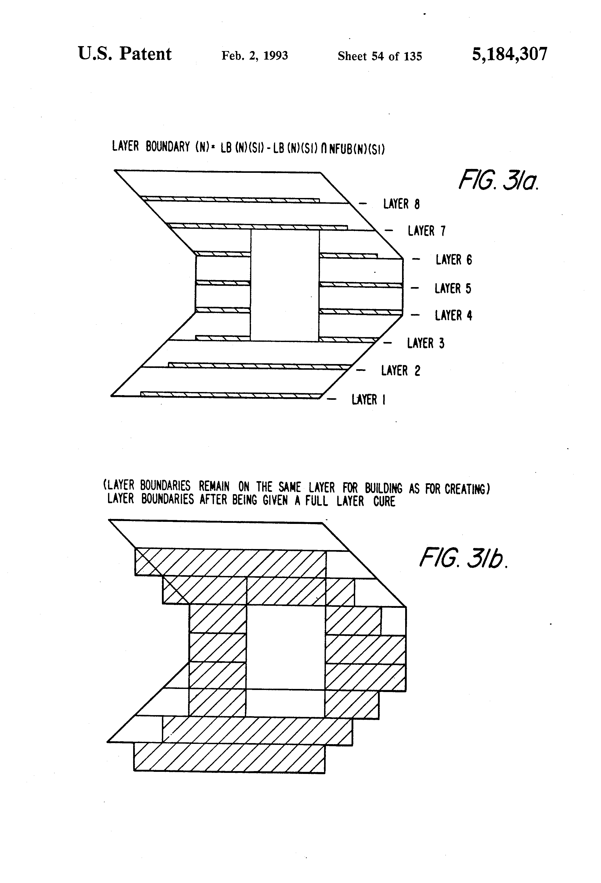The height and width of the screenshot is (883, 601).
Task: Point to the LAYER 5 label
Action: [x=453, y=288]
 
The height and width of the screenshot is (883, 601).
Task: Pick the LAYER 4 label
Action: [x=453, y=315]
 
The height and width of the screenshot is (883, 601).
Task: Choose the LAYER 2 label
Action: [x=400, y=371]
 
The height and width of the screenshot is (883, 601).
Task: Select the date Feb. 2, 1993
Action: [x=255, y=56]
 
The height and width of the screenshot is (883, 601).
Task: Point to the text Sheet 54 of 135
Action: [x=380, y=56]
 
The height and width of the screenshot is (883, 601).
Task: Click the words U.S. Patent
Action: [x=125, y=54]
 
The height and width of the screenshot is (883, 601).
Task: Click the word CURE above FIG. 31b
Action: [x=384, y=502]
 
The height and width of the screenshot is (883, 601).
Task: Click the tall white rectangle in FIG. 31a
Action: [x=284, y=285]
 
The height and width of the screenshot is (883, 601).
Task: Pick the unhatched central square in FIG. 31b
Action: [x=286, y=646]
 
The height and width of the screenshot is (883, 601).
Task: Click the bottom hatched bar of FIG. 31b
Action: [x=229, y=757]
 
